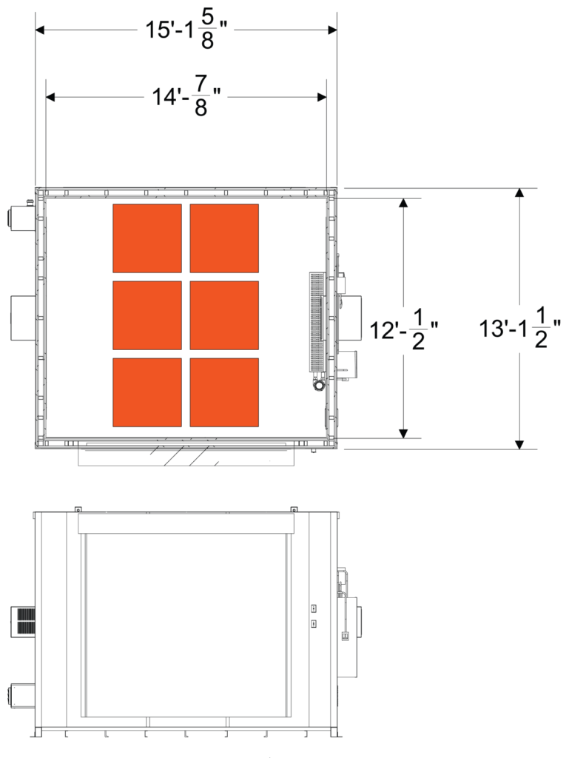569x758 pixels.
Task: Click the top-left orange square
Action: [x=147, y=238]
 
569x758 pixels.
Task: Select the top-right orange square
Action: [x=224, y=238]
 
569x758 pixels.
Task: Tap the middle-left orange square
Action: [x=147, y=315]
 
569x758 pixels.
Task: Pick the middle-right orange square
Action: [x=224, y=315]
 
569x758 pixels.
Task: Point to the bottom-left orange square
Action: [x=147, y=392]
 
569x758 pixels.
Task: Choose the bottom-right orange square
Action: [x=224, y=392]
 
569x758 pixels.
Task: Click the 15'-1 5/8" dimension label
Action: [x=186, y=31]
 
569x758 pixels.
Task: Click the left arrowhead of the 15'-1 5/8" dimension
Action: [x=41, y=31]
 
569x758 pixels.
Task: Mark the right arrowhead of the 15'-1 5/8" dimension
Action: [x=332, y=31]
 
